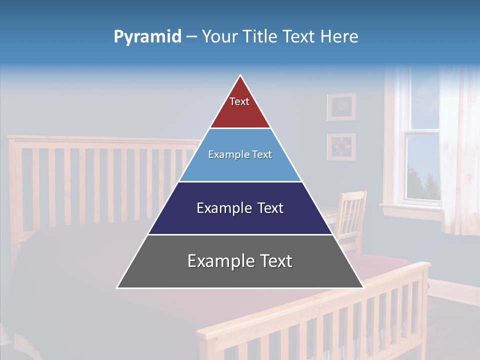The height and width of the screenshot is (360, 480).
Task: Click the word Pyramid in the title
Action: (147, 37)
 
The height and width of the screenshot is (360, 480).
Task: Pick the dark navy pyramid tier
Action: (240, 220)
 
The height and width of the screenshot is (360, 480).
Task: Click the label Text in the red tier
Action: (239, 101)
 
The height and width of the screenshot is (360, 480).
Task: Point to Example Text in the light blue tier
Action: (240, 154)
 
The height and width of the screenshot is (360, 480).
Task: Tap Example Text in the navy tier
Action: (240, 208)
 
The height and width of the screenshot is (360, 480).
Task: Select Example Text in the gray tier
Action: (240, 261)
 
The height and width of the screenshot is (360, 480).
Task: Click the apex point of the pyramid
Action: (240, 76)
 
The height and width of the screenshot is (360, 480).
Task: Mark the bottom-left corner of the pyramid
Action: (117, 287)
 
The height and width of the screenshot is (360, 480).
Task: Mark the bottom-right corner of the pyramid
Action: (363, 287)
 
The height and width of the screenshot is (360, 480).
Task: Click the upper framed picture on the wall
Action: (341, 106)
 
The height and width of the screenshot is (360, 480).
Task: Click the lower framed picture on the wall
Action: (341, 146)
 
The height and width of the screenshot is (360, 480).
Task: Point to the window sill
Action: (410, 206)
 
